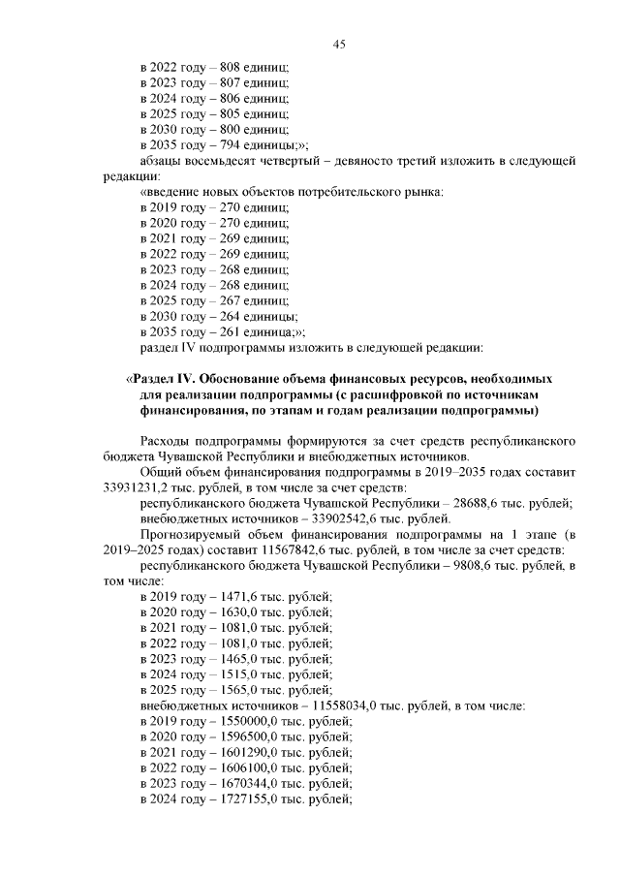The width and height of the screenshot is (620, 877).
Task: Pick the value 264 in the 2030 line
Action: pos(232,317)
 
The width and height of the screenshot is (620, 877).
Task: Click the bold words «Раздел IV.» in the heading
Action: pos(162,379)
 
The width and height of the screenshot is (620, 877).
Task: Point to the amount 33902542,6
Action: pos(322,518)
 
